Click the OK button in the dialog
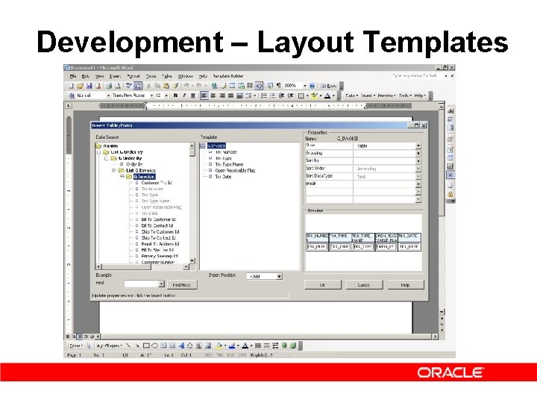pos(322,284)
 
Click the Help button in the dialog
pos(405,284)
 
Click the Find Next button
pos(181,284)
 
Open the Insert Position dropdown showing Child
pos(265,276)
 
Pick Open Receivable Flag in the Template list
pos(234,170)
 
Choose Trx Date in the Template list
pos(223,176)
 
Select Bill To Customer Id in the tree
pos(158,219)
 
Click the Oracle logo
pos(450,372)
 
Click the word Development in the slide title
pos(128,43)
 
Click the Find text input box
pos(144,284)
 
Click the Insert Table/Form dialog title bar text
pos(112,125)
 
